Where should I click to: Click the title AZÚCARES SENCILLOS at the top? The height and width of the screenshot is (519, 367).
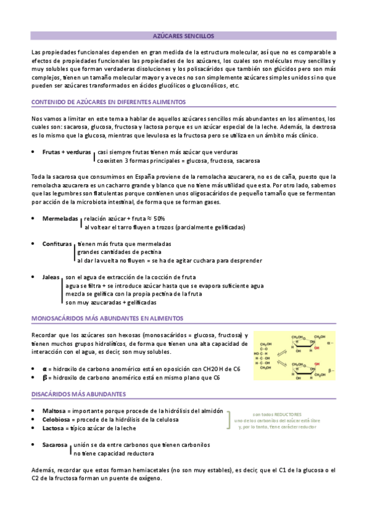(183, 36)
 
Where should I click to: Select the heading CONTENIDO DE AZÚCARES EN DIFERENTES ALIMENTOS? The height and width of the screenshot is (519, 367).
(108, 102)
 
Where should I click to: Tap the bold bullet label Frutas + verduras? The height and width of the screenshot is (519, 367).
(67, 151)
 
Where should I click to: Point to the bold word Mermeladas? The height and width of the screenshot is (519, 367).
(60, 218)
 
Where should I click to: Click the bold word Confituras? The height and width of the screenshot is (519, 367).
(58, 244)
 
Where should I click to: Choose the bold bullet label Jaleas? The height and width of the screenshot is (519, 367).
(51, 277)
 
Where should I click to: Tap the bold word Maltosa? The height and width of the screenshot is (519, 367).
(54, 394)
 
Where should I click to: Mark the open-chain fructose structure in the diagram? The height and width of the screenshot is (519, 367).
(265, 355)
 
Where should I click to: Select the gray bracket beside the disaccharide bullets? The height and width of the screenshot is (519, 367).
(228, 403)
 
